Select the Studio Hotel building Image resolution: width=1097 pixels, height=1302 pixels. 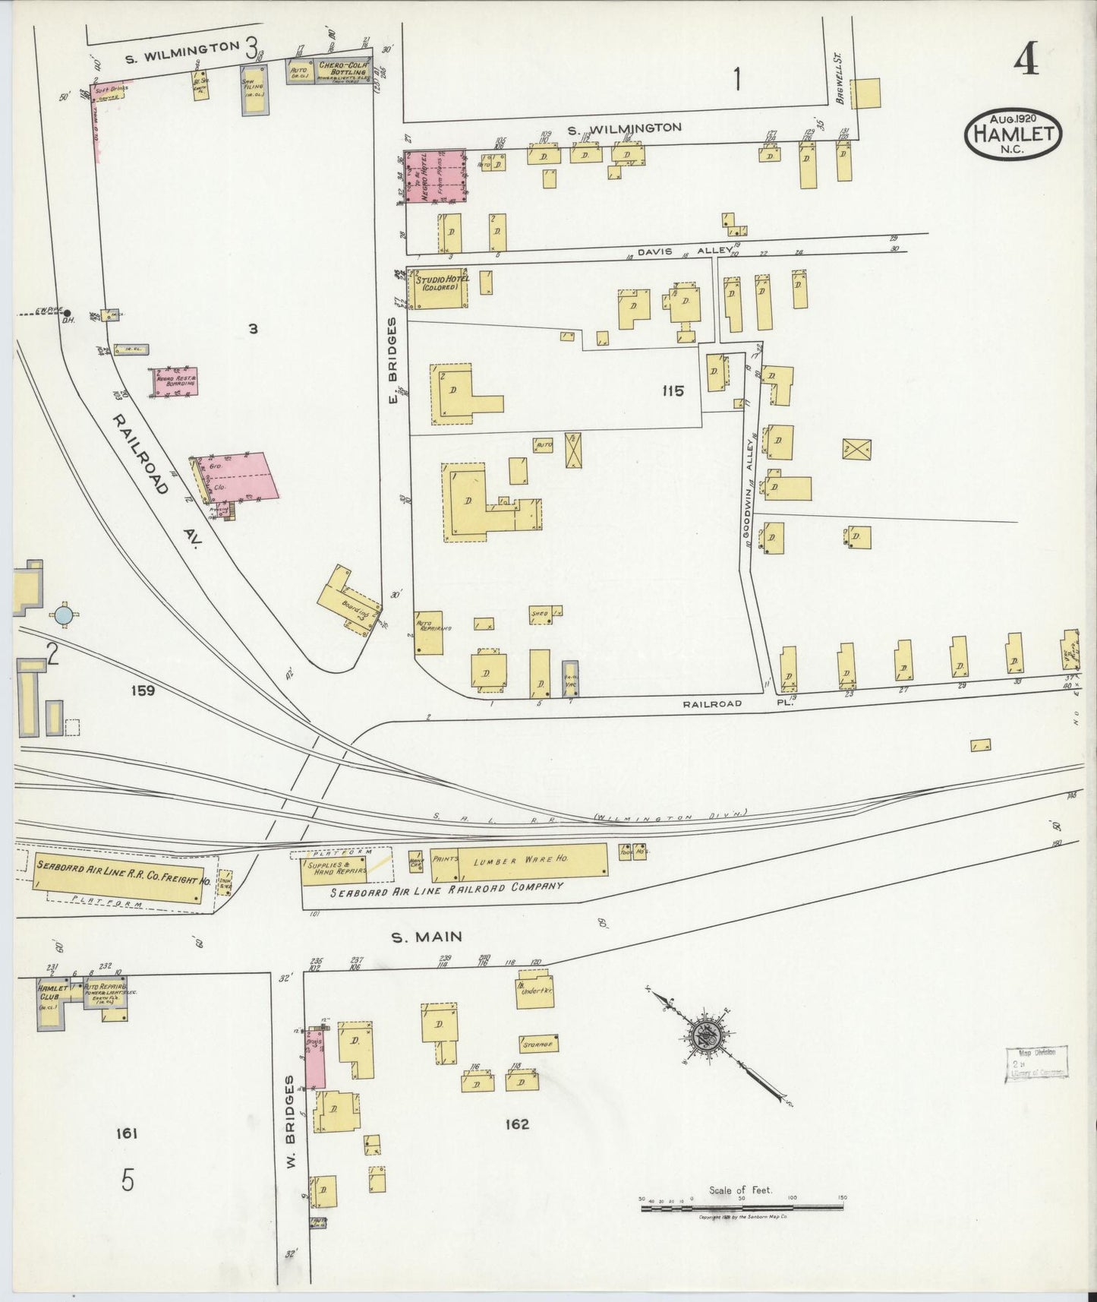pos(440,289)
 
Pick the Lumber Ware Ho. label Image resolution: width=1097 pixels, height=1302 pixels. pos(519,861)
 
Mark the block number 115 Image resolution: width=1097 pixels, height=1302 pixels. pos(673,391)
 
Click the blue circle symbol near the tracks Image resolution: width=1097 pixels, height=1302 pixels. pos(64,614)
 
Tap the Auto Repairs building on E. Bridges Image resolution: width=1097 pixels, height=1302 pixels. pos(429,633)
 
